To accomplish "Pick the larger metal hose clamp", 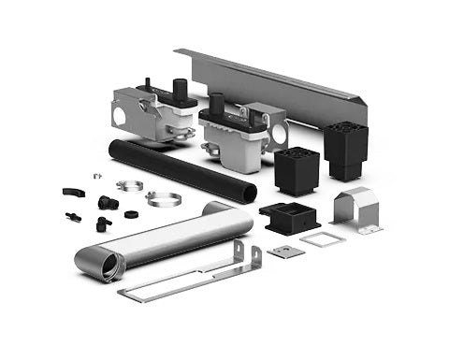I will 163,198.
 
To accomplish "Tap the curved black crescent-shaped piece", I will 73,192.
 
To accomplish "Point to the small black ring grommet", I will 132,213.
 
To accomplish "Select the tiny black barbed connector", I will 73,216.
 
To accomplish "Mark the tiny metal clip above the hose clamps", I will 96,175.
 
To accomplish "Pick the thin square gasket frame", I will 323,239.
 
